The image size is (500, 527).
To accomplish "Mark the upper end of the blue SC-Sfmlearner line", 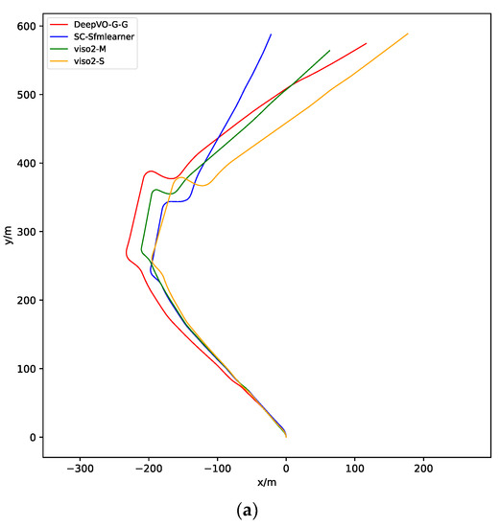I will tap(271, 34).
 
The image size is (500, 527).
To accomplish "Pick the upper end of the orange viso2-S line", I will tap(408, 34).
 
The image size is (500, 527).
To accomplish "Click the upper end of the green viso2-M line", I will tap(330, 51).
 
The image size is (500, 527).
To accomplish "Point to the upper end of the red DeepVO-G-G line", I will tap(367, 43).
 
